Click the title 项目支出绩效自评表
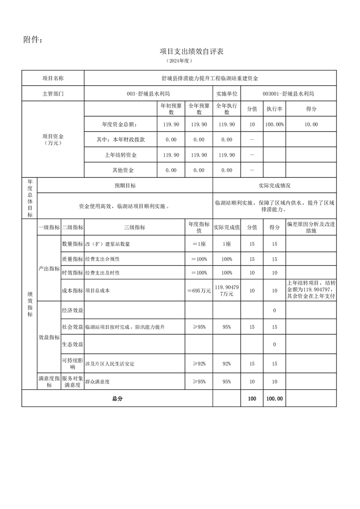coord(191,51)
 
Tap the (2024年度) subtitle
coord(180,60)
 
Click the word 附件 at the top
coord(33,40)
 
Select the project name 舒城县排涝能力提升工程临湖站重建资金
coord(210,78)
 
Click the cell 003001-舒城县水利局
coord(288,94)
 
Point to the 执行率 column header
coord(274,109)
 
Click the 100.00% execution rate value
coord(274,124)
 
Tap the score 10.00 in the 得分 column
coord(311,124)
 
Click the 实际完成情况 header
coord(274,186)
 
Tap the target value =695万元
coord(199,291)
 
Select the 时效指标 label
coord(72,273)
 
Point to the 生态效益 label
coord(72,345)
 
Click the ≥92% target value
coord(199,364)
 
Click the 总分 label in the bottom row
coord(117,399)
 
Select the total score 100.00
coord(274,399)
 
